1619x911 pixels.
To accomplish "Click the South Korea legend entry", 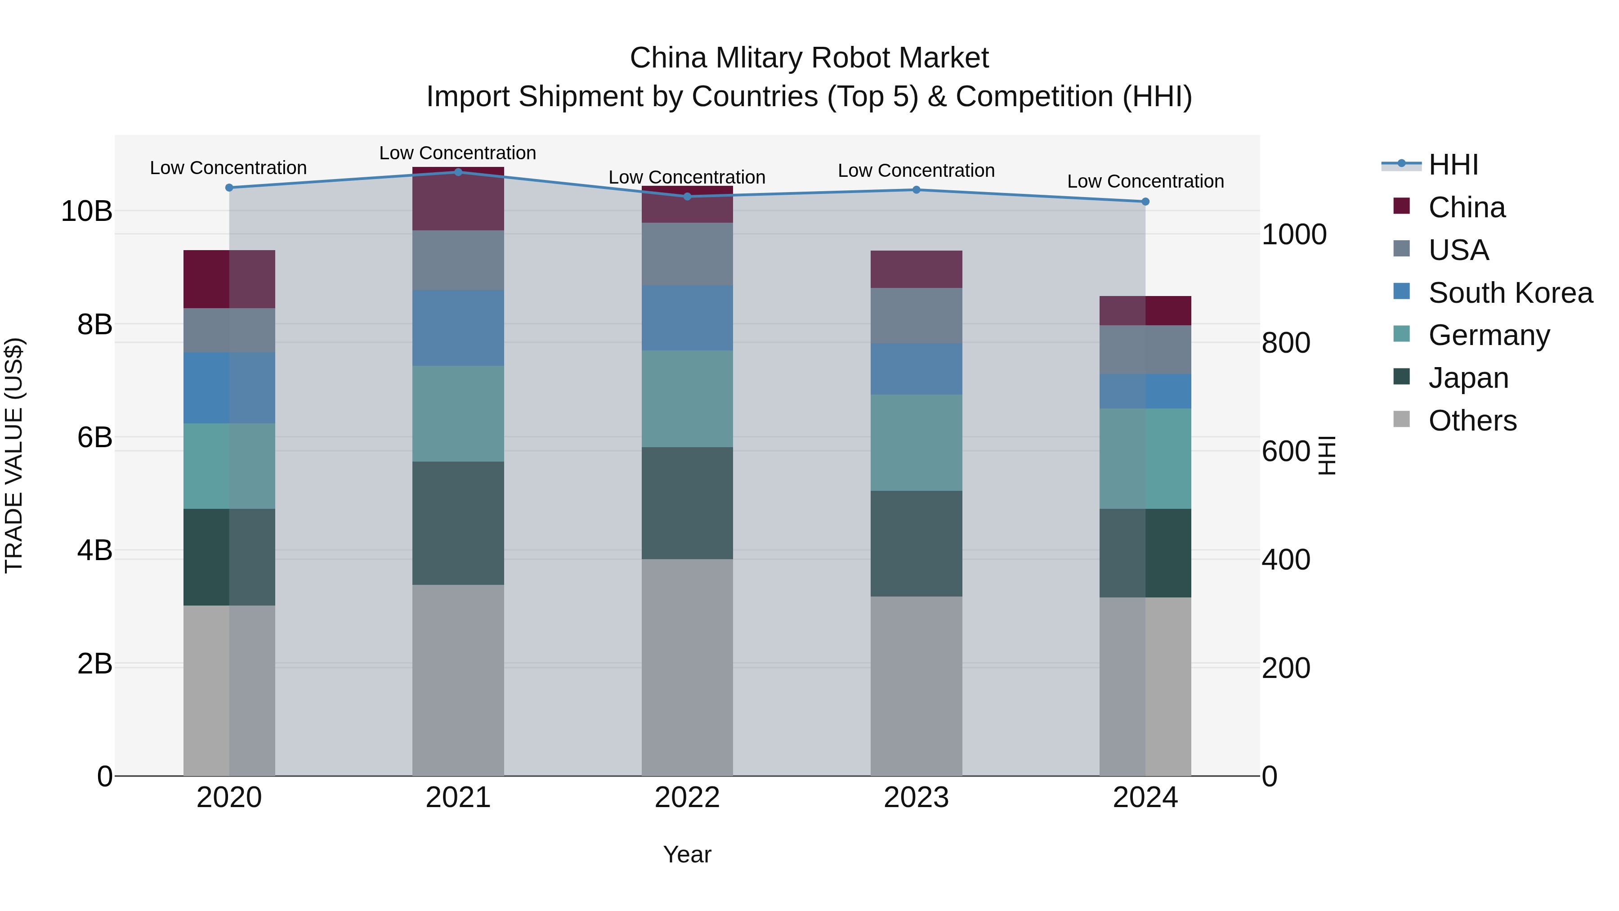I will tap(1510, 292).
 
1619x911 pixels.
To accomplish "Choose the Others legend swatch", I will tap(1401, 419).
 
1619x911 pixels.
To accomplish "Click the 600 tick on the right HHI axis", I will tap(1286, 451).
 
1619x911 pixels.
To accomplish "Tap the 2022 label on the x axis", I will tap(687, 797).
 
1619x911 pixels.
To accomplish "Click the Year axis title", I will tap(687, 854).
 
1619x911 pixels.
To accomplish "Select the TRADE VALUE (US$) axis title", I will tap(14, 455).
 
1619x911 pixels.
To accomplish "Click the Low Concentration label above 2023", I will tap(916, 171).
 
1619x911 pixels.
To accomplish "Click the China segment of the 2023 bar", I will tap(916, 269).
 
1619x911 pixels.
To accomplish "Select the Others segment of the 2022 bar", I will tap(687, 666).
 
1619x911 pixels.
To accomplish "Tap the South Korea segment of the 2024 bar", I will tap(1145, 391).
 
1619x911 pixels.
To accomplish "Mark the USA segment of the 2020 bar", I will tap(229, 330).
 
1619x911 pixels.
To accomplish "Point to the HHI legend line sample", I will tap(1401, 164).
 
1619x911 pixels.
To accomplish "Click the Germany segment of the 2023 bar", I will tap(916, 443).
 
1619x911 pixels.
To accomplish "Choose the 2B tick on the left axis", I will tap(94, 663).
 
